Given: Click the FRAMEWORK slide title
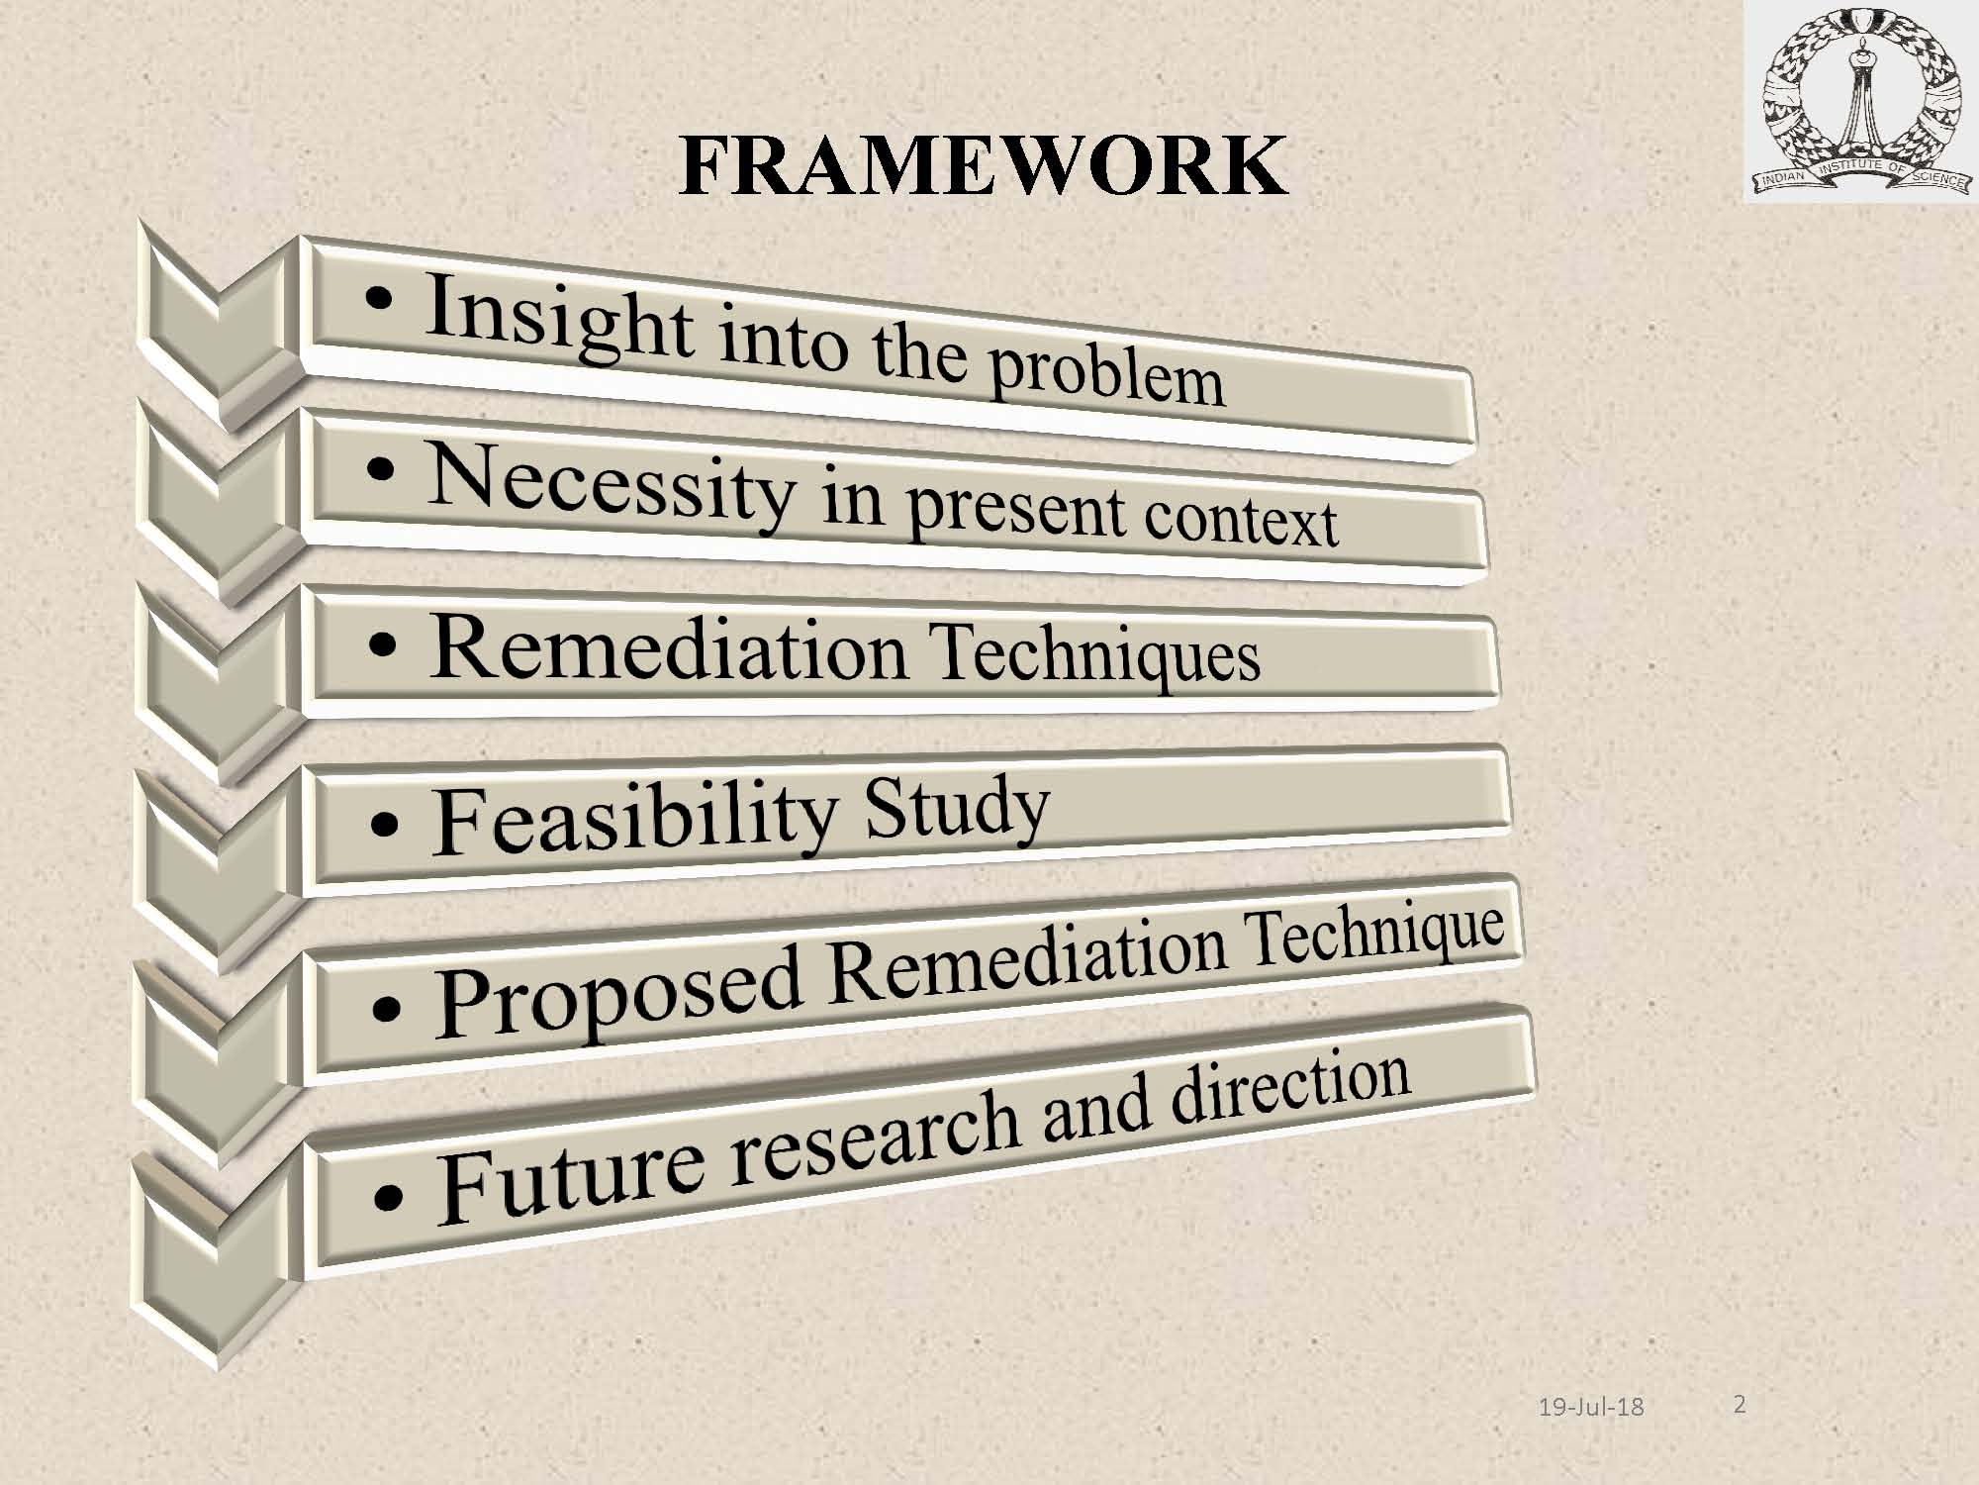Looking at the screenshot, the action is pos(983,165).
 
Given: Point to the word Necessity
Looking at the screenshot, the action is pos(611,485).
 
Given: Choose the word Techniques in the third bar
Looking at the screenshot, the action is pos(1097,652).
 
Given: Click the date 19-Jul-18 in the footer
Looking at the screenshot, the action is pos(1591,1406).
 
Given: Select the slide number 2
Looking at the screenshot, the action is pos(1740,1404).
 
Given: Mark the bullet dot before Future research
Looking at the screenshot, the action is pos(389,1198).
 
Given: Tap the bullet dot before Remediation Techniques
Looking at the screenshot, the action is pos(382,648).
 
